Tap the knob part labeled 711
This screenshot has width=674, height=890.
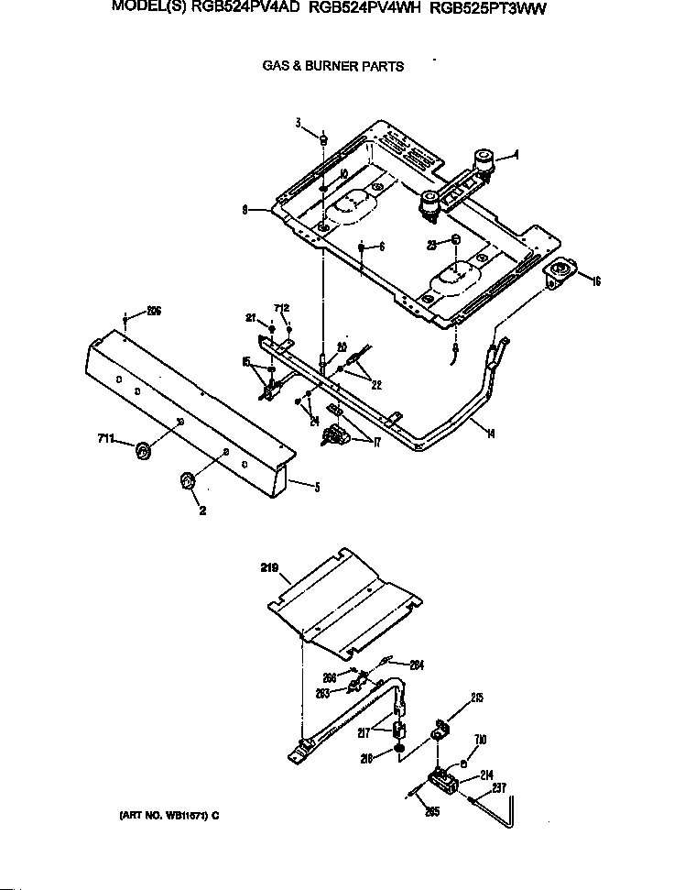click(143, 450)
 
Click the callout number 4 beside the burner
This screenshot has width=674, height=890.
click(516, 155)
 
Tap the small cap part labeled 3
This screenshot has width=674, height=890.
click(324, 137)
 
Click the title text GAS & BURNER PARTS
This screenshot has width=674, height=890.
click(333, 66)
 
